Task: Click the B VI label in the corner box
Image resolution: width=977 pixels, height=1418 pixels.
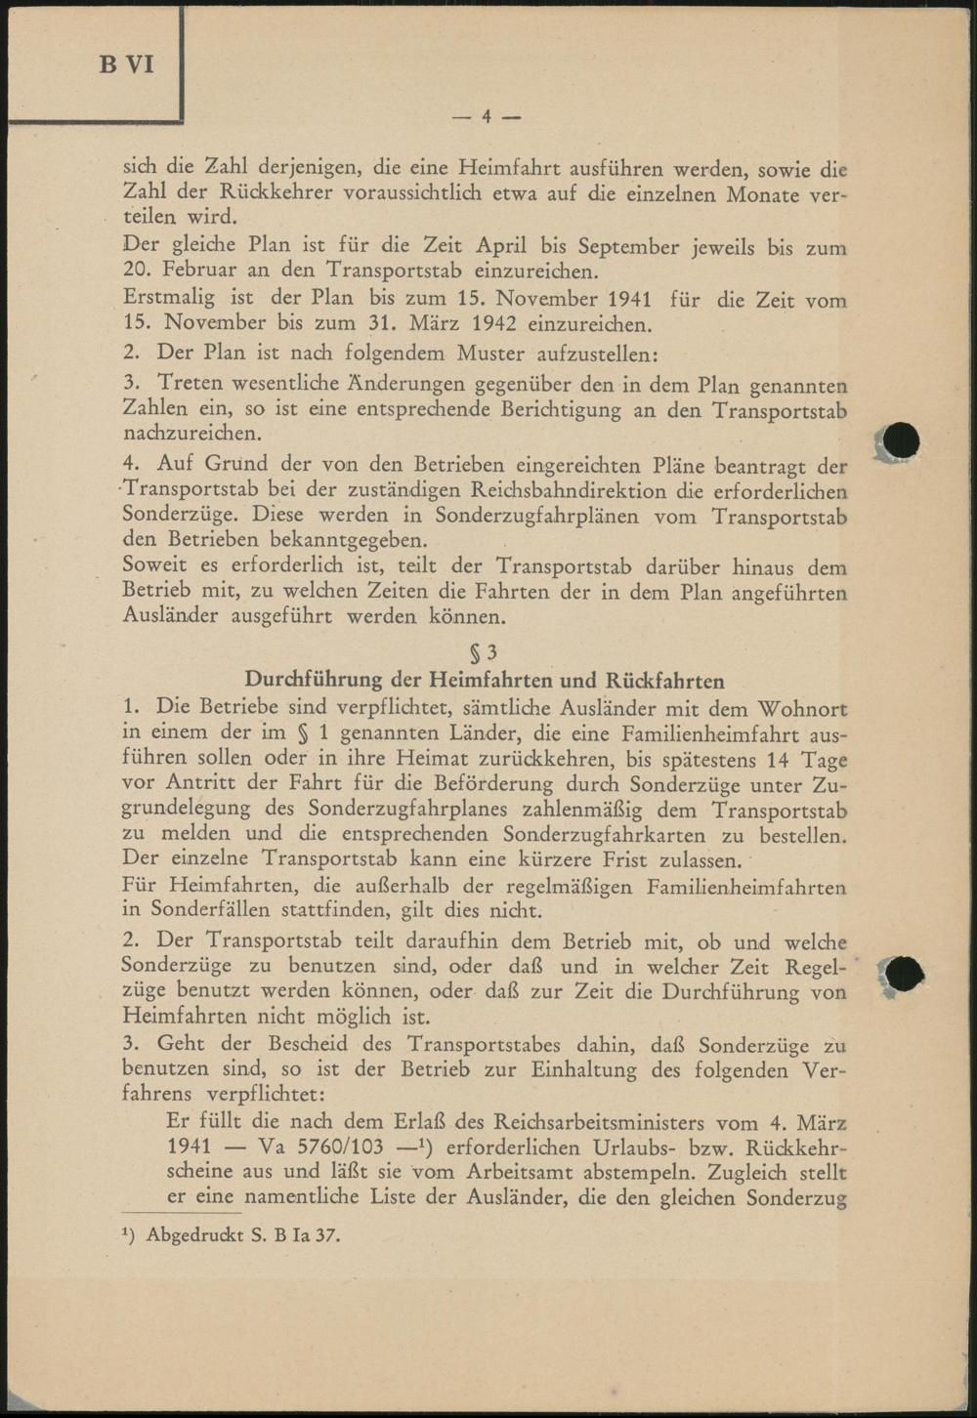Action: click(126, 64)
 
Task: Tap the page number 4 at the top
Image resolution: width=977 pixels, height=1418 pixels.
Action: click(486, 117)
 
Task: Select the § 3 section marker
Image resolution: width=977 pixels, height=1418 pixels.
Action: click(485, 653)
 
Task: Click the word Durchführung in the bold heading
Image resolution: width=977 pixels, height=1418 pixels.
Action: click(312, 680)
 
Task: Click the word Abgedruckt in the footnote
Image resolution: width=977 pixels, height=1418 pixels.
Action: click(194, 1235)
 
